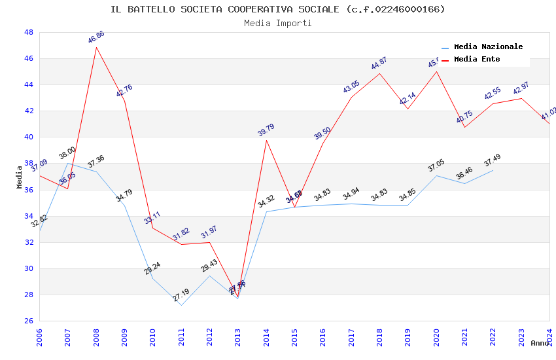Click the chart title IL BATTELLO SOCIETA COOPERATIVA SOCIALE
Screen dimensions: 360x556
coord(277,9)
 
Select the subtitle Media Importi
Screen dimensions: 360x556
coord(277,24)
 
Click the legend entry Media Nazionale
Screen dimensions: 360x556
coord(488,47)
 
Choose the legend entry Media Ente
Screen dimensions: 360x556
coord(477,60)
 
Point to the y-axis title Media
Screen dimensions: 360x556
coord(20,177)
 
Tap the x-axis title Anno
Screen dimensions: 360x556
coord(540,343)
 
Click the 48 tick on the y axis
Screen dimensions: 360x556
coord(29,32)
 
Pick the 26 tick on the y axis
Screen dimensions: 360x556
coord(29,321)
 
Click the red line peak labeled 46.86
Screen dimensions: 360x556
coord(96,47)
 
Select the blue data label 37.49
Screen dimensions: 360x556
coord(492,160)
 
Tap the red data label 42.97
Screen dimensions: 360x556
coord(521,88)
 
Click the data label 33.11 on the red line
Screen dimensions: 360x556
coord(152,218)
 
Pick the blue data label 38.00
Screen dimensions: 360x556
coord(67,153)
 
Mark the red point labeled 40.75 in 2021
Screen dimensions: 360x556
coord(464,127)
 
